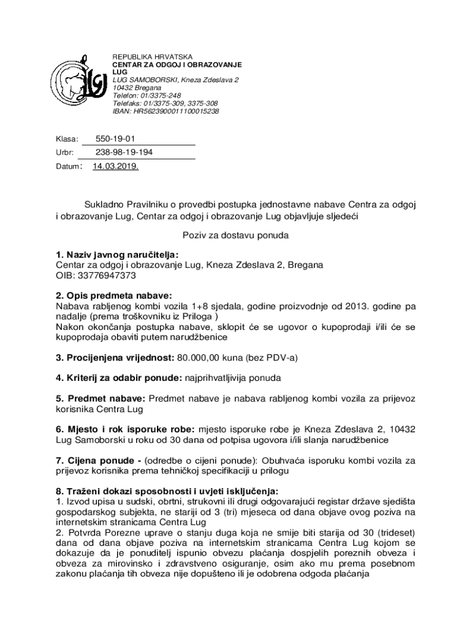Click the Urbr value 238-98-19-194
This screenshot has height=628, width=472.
(124, 152)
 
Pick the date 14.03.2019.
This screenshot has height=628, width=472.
(116, 166)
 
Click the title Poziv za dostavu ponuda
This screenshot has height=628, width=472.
(235, 235)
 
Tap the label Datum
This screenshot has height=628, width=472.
(67, 166)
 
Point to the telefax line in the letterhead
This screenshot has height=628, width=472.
(165, 104)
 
